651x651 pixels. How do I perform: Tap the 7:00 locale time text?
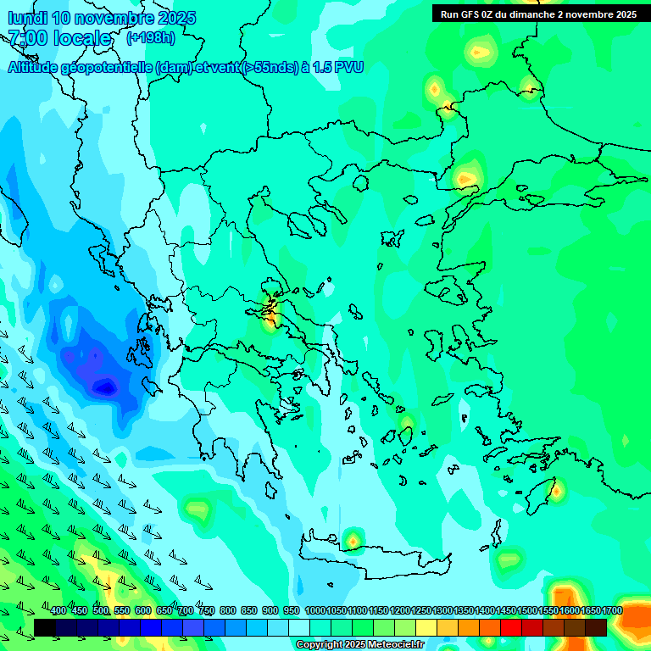tap(59, 38)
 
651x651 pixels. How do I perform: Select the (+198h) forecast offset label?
tap(150, 38)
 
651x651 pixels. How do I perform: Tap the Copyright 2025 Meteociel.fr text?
tap(360, 645)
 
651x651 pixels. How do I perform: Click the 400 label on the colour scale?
tap(58, 611)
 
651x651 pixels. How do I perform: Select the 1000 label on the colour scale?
tap(315, 611)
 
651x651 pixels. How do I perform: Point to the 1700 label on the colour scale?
tap(612, 611)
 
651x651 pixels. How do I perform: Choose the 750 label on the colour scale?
tap(206, 611)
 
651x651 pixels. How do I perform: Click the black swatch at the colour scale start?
tap(44, 627)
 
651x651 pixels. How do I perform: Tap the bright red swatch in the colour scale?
tap(511, 627)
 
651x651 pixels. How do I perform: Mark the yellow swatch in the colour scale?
tap(426, 627)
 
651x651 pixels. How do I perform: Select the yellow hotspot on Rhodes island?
tap(557, 489)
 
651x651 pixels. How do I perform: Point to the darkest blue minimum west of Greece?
tap(104, 387)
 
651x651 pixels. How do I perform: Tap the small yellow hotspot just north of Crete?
tap(353, 539)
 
